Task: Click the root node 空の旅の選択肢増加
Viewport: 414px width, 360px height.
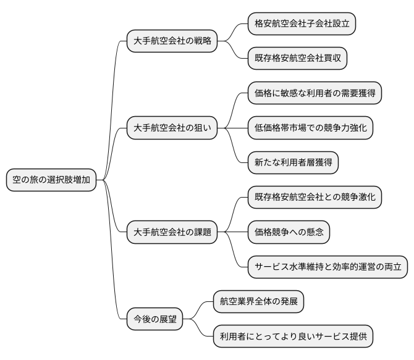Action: [x=51, y=180]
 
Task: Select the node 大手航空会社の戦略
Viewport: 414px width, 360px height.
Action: [x=172, y=41]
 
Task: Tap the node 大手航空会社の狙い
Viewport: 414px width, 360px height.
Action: [x=172, y=128]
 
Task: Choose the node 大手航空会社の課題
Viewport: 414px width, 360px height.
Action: [x=172, y=232]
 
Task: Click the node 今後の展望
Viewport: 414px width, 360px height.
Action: [x=155, y=319]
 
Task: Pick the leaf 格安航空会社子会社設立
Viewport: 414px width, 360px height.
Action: [x=302, y=24]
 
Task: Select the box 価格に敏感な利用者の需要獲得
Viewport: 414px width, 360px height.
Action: [x=315, y=93]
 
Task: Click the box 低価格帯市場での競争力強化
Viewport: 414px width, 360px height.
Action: [x=310, y=128]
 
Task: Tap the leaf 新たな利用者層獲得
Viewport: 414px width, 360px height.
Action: [x=293, y=162]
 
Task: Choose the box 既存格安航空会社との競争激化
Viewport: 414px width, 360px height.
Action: [x=315, y=198]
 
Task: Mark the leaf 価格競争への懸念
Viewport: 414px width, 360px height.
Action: [x=289, y=232]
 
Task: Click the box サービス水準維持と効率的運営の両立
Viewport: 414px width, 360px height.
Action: [x=327, y=267]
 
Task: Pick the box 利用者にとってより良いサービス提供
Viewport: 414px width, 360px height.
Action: [x=293, y=337]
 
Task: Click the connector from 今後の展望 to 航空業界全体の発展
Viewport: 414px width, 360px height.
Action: [x=198, y=310]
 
